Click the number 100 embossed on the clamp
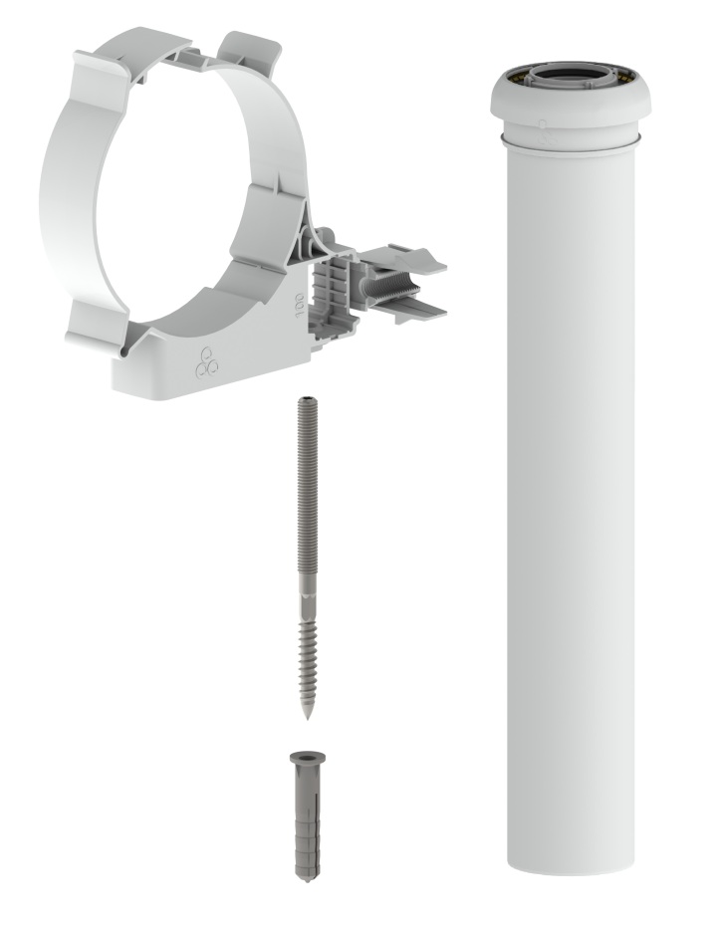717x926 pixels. (300, 304)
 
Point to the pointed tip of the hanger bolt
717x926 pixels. (307, 716)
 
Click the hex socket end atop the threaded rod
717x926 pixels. (307, 401)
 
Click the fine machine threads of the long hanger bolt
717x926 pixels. (307, 490)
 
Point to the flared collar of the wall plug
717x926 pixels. (307, 758)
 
